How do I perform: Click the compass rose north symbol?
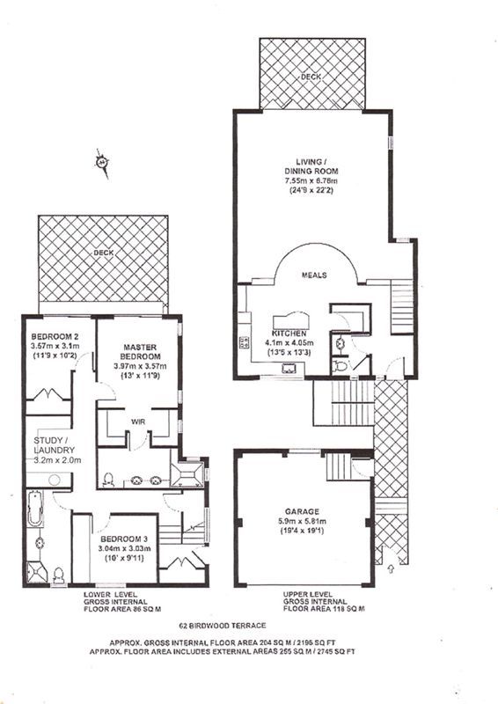103,163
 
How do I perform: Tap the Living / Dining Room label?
311,166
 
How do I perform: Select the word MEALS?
314,275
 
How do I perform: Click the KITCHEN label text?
289,334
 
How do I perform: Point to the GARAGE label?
302,511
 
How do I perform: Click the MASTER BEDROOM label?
140,351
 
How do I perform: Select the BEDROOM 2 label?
55,336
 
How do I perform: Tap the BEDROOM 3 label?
124,539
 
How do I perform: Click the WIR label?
137,422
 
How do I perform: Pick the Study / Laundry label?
55,445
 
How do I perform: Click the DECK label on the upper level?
311,77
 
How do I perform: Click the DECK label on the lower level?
103,253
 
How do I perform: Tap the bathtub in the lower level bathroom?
35,509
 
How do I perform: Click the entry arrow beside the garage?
390,568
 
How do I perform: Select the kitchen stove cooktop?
245,342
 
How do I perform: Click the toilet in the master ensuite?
107,480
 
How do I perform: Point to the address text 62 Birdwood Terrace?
223,626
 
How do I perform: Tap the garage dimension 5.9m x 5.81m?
302,521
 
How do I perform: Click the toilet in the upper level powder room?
340,366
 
